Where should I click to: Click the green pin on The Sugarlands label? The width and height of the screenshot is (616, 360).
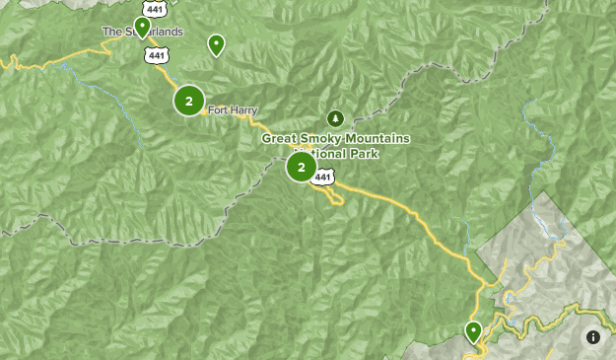point(143,26)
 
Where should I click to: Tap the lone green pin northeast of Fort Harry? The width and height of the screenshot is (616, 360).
point(216,43)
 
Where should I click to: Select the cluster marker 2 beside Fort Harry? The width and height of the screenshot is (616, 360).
point(188,101)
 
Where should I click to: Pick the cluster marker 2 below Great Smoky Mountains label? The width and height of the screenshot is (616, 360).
point(301,166)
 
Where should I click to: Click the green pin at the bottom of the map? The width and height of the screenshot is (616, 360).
point(473,330)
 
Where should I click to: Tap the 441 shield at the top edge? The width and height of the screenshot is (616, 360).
point(155,6)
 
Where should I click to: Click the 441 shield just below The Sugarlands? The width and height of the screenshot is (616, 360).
point(157,55)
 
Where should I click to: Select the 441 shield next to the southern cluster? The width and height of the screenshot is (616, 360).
point(324,176)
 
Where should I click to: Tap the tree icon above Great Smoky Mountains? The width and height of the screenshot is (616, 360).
point(334,118)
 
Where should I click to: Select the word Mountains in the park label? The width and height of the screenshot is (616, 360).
point(376,139)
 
